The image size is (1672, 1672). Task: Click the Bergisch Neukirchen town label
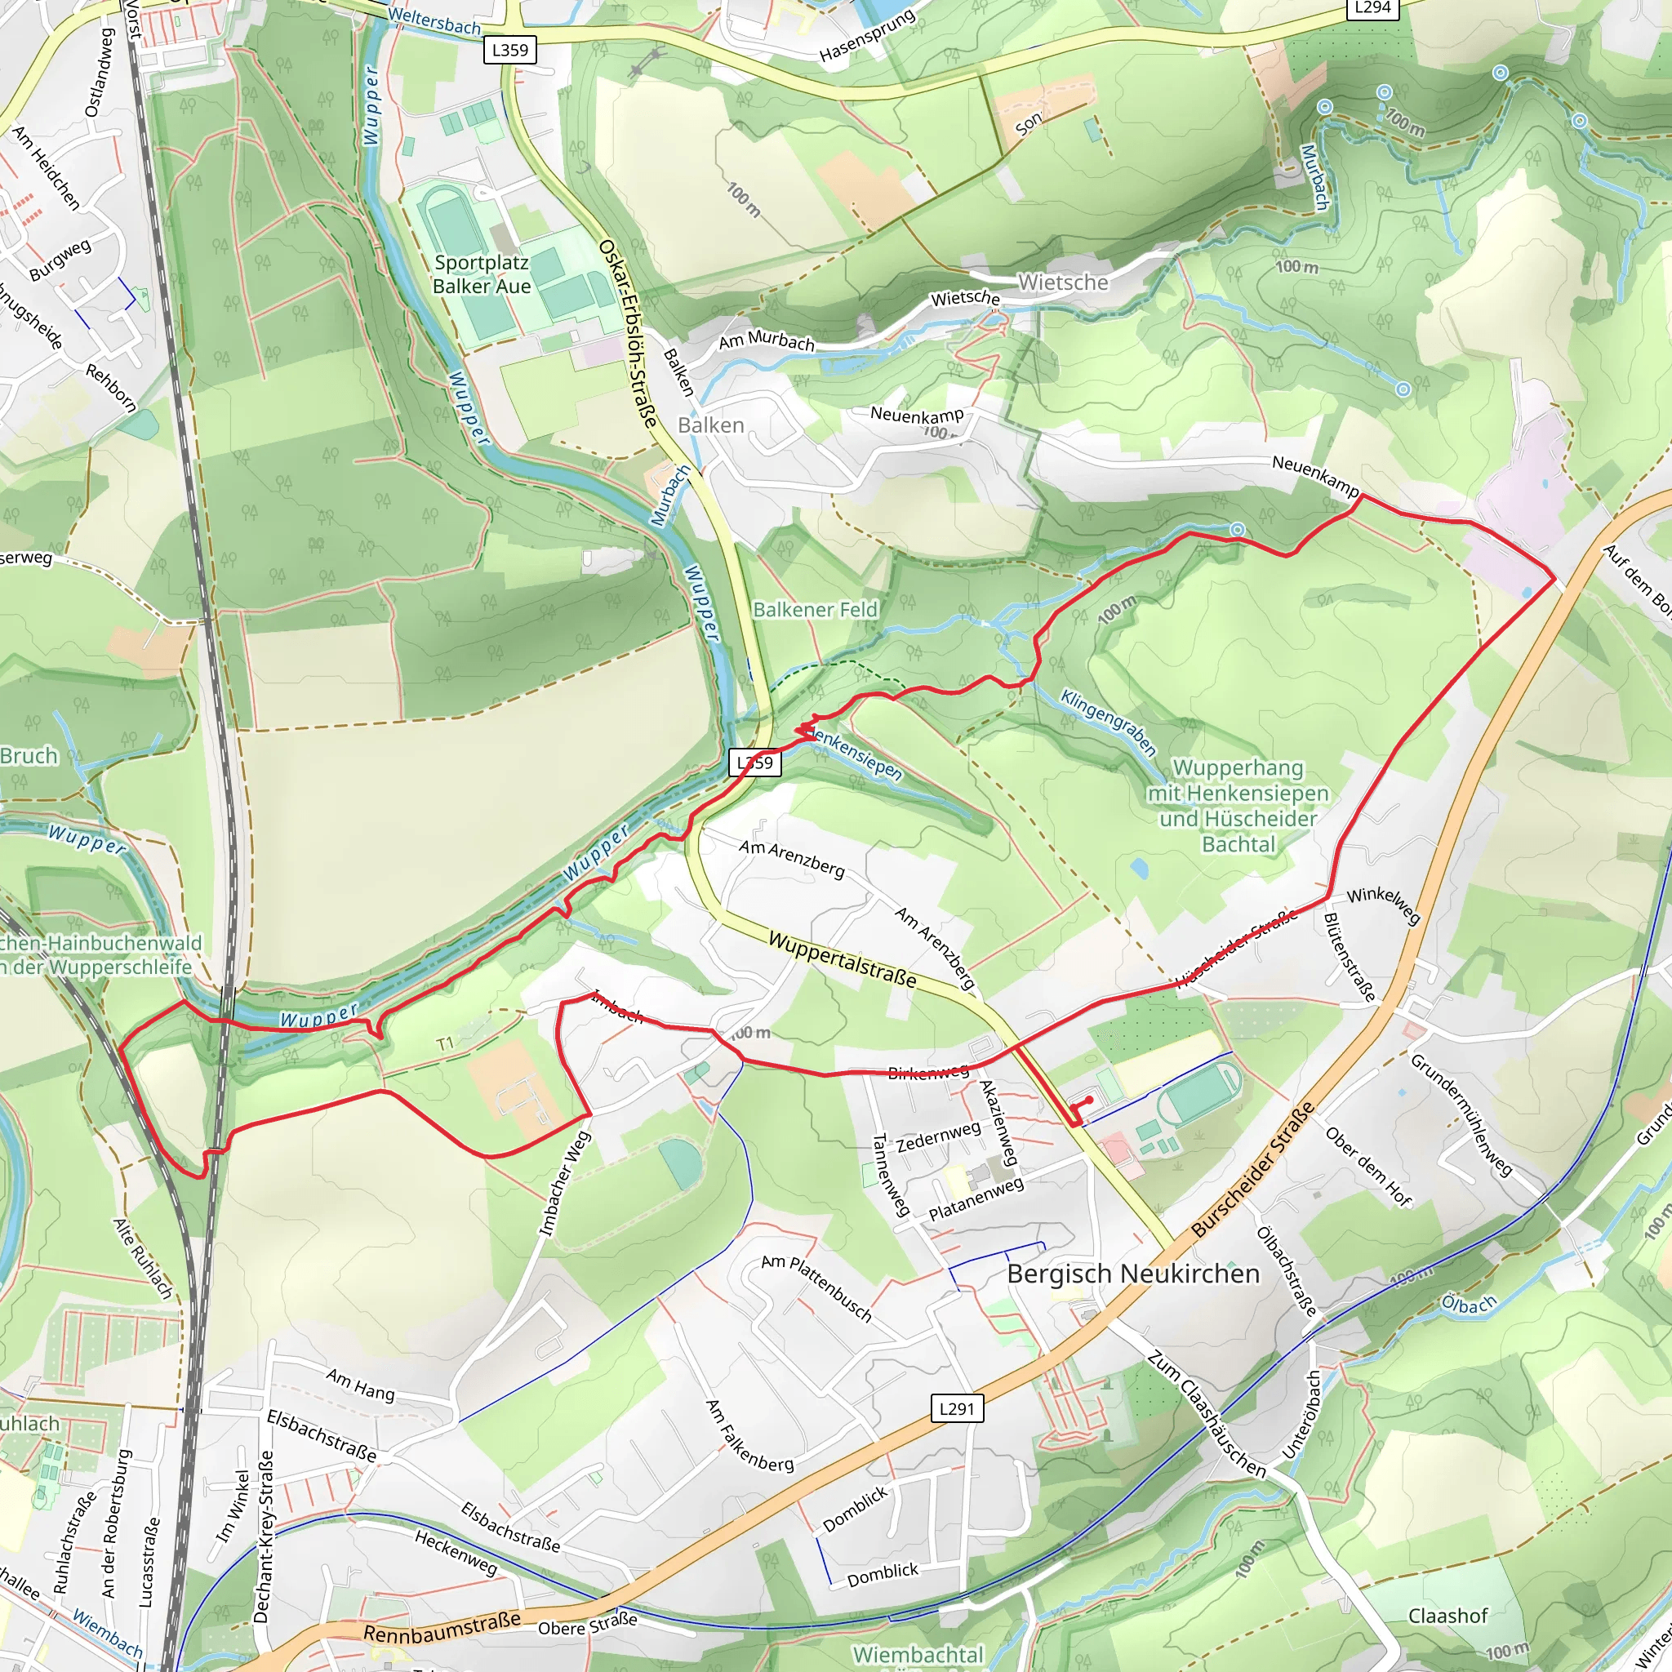click(1133, 1274)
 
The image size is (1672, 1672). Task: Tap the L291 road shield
click(957, 1408)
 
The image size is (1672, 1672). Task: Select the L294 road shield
click(1372, 8)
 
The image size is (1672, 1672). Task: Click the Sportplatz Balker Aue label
click(481, 274)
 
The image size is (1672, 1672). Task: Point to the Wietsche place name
click(1063, 282)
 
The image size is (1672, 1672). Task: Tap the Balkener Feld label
click(816, 610)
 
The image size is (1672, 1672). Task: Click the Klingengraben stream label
click(1109, 723)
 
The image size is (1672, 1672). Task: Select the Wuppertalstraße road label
click(842, 960)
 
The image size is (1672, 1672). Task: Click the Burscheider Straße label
click(1252, 1169)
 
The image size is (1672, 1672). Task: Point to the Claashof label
click(1447, 1616)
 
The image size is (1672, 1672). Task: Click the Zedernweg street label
click(938, 1137)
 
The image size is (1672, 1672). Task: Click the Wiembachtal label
click(918, 1654)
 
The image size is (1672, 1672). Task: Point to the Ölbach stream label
click(1469, 1304)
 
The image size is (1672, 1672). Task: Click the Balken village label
click(710, 425)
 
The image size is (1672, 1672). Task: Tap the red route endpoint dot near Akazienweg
click(1089, 1099)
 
